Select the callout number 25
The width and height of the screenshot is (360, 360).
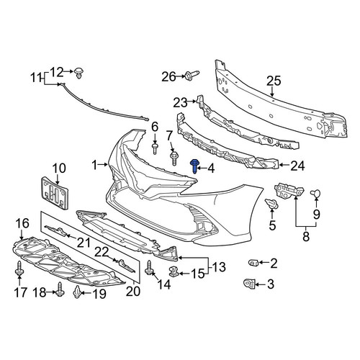click(274, 81)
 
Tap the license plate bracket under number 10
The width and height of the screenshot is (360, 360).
click(55, 193)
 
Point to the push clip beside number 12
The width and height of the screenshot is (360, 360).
click(79, 73)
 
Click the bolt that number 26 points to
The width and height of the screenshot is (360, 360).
click(192, 75)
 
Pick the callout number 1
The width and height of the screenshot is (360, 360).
click(95, 166)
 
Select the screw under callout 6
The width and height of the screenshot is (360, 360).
click(155, 149)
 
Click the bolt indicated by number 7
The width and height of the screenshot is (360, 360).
click(174, 158)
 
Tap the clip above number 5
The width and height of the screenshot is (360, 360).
click(271, 204)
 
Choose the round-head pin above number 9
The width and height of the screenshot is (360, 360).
click(316, 193)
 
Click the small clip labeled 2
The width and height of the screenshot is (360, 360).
click(253, 263)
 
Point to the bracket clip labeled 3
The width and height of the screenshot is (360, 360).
click(249, 284)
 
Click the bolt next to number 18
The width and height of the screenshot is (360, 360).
click(60, 289)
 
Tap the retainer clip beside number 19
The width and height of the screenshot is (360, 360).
click(77, 292)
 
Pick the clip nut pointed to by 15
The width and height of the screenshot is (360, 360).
click(174, 271)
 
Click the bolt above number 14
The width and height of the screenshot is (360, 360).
click(149, 268)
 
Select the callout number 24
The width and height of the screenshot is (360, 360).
click(297, 166)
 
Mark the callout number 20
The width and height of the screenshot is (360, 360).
click(133, 291)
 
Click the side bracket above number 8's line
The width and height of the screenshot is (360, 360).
click(289, 190)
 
